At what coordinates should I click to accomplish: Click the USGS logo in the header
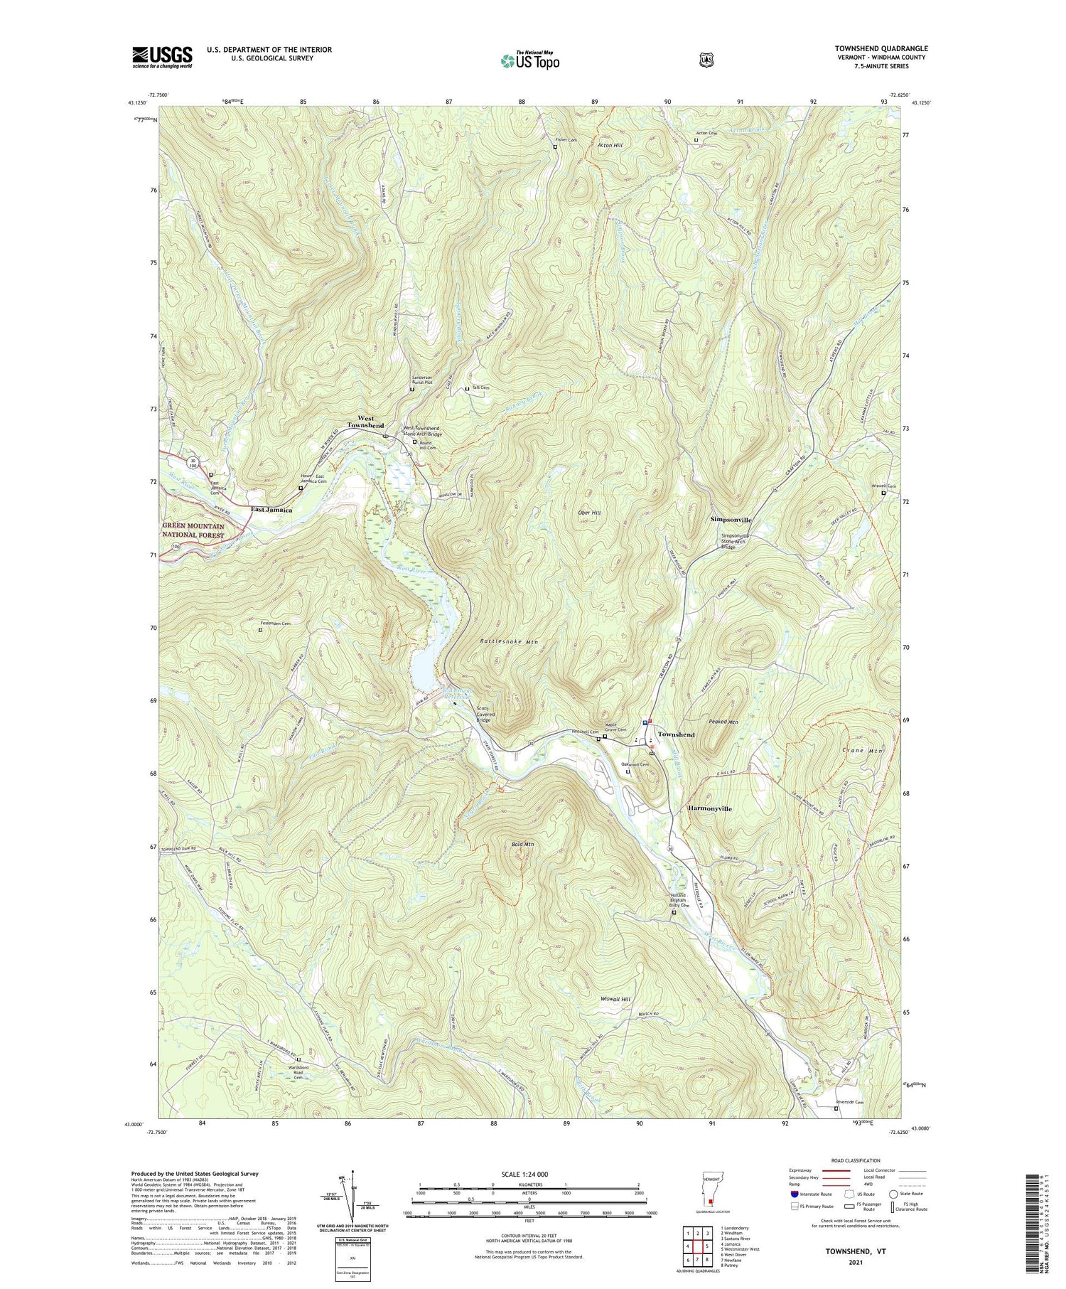[162, 57]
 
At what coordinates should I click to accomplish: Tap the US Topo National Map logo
[529, 61]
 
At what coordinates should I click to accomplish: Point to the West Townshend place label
[365, 422]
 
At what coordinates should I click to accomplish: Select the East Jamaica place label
[271, 510]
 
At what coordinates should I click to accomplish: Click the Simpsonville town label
[731, 520]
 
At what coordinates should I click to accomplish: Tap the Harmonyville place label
[709, 809]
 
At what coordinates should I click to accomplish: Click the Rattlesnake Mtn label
[509, 642]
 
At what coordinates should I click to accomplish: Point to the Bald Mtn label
[522, 844]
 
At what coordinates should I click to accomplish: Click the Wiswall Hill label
[615, 999]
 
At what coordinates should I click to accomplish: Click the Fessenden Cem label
[276, 624]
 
